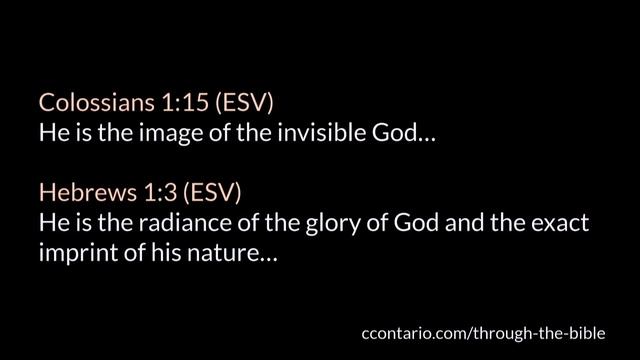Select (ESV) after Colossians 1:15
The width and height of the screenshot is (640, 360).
[x=209, y=103]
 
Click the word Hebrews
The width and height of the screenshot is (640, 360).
[x=72, y=191]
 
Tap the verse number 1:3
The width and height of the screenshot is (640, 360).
[x=130, y=191]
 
